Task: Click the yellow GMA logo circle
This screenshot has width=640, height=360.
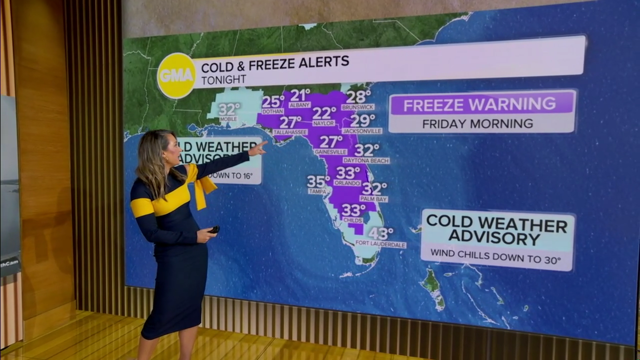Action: [176, 75]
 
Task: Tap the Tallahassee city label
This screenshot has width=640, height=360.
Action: [290, 132]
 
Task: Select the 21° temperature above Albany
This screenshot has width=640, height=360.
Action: [300, 95]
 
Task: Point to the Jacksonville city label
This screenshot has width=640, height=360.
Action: [362, 131]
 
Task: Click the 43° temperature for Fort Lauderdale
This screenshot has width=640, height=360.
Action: [380, 233]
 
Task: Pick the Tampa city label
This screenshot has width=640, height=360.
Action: [317, 191]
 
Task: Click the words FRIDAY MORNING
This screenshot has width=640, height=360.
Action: [477, 123]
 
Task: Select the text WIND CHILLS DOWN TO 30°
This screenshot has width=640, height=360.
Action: [496, 258]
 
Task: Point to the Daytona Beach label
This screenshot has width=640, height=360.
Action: [366, 160]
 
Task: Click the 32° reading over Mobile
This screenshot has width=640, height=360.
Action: [229, 109]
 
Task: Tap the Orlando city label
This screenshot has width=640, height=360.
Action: [347, 183]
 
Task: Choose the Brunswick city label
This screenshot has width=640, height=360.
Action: [357, 107]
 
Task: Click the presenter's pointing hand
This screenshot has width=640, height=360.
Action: [258, 147]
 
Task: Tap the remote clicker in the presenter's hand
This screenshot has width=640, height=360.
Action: [214, 229]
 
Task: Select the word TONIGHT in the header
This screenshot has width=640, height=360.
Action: [223, 79]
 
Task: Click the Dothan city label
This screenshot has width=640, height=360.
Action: [272, 111]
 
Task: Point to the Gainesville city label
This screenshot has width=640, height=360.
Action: [330, 151]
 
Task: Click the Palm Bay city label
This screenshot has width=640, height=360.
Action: [373, 199]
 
